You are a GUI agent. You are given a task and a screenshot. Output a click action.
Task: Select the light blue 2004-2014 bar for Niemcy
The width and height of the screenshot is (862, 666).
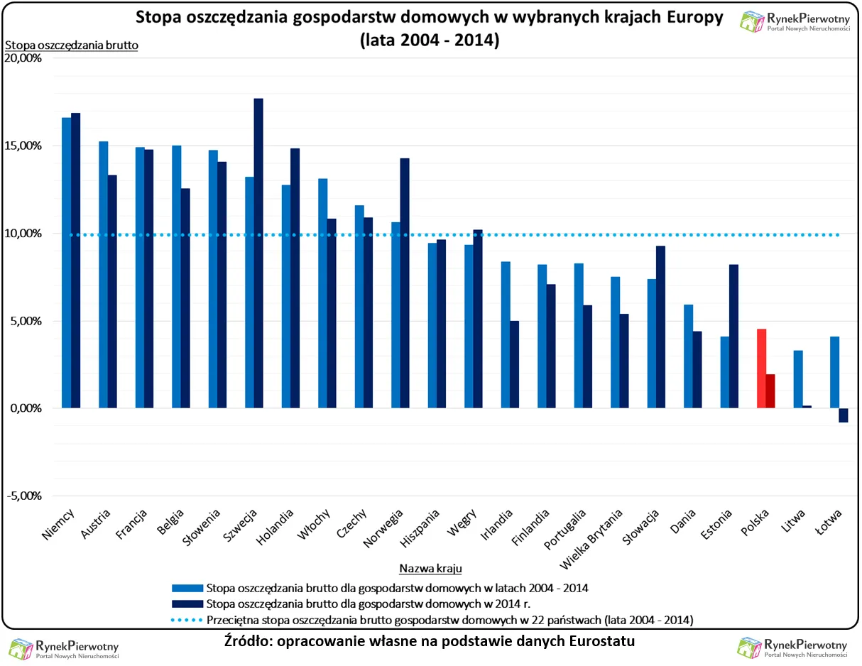(66, 263)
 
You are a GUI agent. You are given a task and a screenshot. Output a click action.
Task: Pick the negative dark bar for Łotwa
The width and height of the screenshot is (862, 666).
(844, 415)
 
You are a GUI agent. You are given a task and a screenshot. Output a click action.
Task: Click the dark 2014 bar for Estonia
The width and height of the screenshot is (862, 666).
(733, 337)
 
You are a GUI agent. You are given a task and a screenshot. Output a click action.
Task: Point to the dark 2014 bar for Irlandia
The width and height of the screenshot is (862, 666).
(514, 364)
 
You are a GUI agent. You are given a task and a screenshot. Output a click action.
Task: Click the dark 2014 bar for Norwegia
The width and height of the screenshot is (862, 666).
(405, 283)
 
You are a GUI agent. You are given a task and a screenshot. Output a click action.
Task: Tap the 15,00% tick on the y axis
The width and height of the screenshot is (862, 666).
(24, 146)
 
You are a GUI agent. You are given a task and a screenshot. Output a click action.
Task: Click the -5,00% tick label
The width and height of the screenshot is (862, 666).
(24, 496)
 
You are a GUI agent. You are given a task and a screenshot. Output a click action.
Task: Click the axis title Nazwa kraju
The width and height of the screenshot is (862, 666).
(430, 569)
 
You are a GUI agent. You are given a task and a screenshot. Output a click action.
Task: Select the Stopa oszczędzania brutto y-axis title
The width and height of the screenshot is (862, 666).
(71, 45)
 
